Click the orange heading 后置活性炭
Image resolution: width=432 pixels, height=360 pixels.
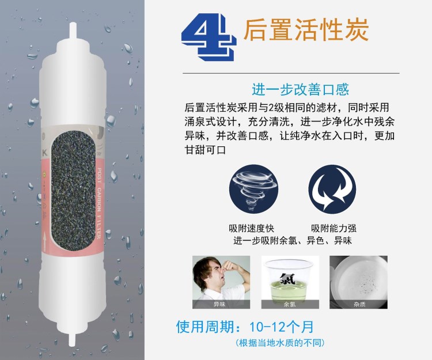[306, 30]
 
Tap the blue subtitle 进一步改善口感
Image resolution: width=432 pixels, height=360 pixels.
[301, 89]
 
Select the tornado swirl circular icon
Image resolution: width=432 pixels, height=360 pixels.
[253, 189]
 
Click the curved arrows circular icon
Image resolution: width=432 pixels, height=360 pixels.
[332, 189]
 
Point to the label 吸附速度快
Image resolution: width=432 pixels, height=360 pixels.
[251, 228]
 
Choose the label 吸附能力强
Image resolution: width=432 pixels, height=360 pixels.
[334, 228]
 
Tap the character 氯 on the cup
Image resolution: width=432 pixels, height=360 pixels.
[287, 279]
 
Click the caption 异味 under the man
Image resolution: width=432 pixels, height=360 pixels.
[219, 304]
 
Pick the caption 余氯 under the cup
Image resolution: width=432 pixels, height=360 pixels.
[290, 304]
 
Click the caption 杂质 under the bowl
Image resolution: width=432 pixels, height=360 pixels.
[359, 304]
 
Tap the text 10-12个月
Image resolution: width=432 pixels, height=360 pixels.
[281, 327]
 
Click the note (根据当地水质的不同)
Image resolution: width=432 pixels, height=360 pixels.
[280, 343]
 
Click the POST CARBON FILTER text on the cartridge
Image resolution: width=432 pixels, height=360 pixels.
[99, 203]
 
